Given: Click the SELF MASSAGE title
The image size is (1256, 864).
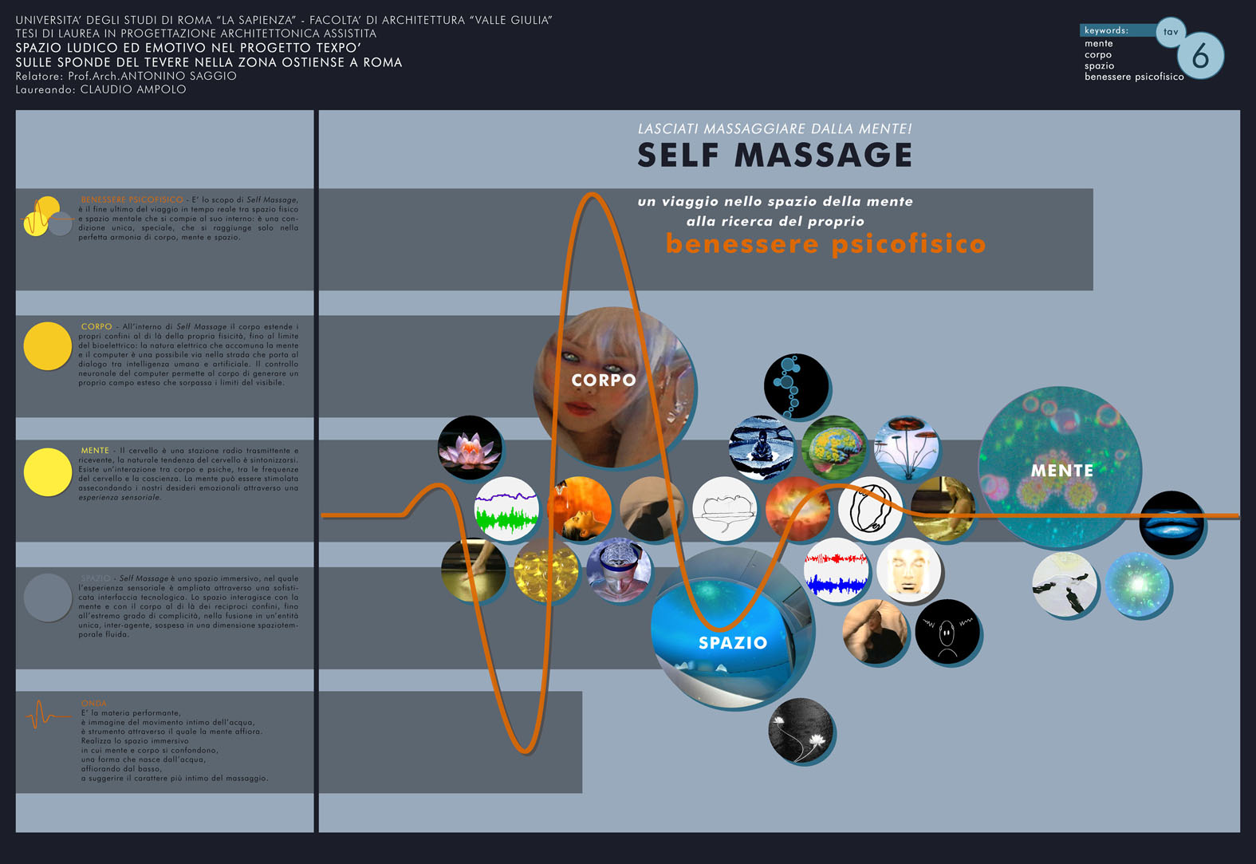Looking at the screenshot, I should pyautogui.click(x=774, y=156).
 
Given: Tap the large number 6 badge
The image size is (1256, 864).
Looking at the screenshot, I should pyautogui.click(x=1199, y=56).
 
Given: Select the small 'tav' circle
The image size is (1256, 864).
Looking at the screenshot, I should pyautogui.click(x=1170, y=32).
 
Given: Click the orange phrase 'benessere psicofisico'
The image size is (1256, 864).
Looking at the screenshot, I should pyautogui.click(x=825, y=243).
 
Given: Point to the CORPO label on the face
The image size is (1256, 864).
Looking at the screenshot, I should pyautogui.click(x=604, y=381).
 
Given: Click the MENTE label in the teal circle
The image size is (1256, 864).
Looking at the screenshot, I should pyautogui.click(x=1061, y=471).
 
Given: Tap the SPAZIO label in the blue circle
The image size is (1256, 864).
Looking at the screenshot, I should pyautogui.click(x=733, y=643).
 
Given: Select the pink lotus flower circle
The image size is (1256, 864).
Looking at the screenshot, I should pyautogui.click(x=471, y=448).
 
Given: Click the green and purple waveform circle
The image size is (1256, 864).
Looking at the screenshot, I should pyautogui.click(x=506, y=509).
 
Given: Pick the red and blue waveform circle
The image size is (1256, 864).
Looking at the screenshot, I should pyautogui.click(x=836, y=570).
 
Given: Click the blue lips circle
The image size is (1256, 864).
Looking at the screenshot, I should pyautogui.click(x=1171, y=523).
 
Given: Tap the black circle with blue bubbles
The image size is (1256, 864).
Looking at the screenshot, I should pyautogui.click(x=796, y=386).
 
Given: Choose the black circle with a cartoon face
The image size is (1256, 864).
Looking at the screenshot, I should pyautogui.click(x=947, y=632).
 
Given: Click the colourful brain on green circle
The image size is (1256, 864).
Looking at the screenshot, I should pyautogui.click(x=833, y=448).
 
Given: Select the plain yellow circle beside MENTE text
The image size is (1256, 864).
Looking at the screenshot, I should pyautogui.click(x=48, y=471).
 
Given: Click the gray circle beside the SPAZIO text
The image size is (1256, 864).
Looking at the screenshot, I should pyautogui.click(x=48, y=598).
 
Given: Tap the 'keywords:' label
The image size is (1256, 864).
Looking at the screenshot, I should pyautogui.click(x=1106, y=30).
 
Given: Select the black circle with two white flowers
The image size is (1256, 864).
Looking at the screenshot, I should pyautogui.click(x=801, y=731).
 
